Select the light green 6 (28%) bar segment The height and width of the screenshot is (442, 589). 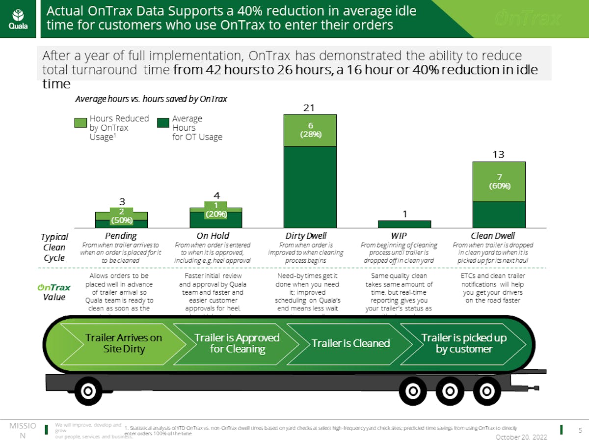(310, 131)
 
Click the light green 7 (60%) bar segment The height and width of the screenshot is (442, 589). (499, 182)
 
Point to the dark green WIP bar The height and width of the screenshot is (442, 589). (404, 224)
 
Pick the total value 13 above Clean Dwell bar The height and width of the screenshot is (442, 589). (499, 155)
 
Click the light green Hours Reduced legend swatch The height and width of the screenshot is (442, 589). (81, 123)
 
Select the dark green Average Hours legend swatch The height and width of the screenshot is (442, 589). (163, 123)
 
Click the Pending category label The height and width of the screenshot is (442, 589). (121, 236)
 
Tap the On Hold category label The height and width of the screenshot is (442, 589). (213, 236)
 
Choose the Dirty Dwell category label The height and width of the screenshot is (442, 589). (306, 236)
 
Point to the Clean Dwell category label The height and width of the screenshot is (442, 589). (492, 236)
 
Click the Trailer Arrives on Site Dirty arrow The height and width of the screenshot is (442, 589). (123, 343)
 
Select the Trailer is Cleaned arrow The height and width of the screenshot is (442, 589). (350, 343)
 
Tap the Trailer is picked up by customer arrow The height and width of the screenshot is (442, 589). (463, 343)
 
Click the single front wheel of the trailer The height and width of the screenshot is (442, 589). (88, 391)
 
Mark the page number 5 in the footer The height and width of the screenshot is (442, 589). (580, 430)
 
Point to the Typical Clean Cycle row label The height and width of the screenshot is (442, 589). (54, 247)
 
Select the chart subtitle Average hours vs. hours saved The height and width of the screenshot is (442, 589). (151, 99)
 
